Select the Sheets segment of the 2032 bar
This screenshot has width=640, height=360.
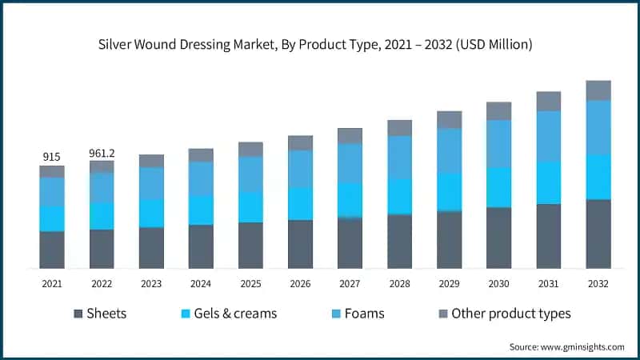[598, 234]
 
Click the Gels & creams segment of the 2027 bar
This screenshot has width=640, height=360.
[350, 200]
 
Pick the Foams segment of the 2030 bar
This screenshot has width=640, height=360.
[499, 144]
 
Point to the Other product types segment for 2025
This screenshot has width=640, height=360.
[250, 150]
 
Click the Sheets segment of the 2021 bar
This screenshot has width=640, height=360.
[52, 250]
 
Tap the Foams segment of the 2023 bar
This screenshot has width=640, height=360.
[151, 183]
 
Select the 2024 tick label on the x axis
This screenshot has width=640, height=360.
[201, 284]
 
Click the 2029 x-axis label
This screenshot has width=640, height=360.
[449, 284]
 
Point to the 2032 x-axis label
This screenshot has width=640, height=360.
[598, 284]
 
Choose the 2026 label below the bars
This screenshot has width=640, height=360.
[300, 284]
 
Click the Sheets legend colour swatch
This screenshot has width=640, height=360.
[78, 314]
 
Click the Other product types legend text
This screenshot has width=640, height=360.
[511, 314]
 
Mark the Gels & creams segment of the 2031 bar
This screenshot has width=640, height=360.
[549, 183]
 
